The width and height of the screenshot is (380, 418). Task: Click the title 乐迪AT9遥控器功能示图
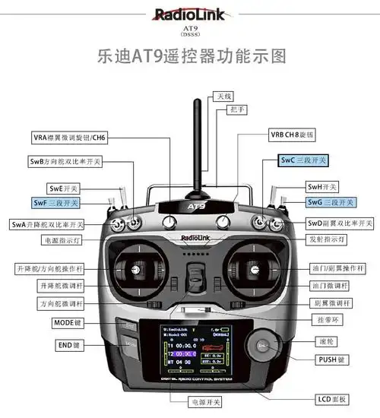click(x=190, y=56)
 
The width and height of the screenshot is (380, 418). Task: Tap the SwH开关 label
click(x=322, y=186)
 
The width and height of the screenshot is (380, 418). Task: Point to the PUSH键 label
click(x=330, y=358)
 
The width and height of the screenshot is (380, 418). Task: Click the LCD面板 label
click(x=332, y=399)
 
